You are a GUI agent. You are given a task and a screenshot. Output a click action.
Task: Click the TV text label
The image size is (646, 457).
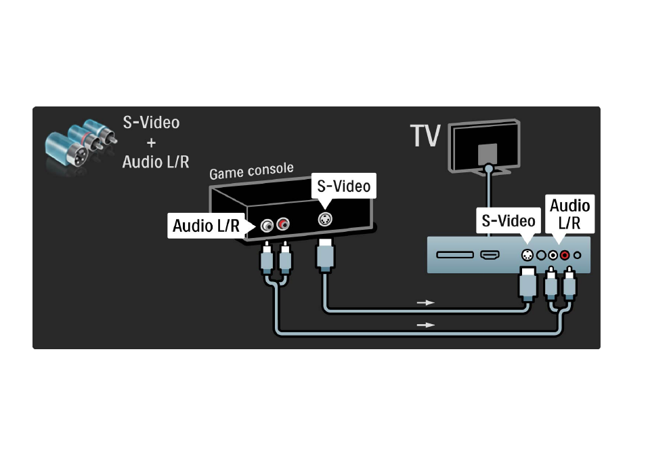(x=425, y=136)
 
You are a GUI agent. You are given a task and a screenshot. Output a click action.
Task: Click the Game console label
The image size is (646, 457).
(x=251, y=171)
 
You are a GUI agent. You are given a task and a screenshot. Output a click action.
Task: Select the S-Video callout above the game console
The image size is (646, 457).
(x=343, y=186)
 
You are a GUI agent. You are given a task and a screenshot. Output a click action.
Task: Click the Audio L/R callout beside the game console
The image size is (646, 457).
(x=206, y=226)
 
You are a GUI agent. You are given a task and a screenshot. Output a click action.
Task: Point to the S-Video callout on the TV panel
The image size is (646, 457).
(x=509, y=221)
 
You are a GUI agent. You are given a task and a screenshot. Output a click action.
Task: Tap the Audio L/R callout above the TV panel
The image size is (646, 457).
(x=569, y=214)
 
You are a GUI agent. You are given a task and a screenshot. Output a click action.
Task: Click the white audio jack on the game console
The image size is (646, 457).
(x=267, y=226)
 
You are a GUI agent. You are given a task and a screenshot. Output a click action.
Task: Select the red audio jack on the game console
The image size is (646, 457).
(x=283, y=224)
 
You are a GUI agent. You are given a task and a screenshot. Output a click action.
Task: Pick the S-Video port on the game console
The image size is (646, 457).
(x=325, y=219)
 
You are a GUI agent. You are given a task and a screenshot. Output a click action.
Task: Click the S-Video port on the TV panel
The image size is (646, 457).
(x=527, y=256)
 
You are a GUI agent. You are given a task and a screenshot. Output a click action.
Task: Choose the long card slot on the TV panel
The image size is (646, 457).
(x=455, y=255)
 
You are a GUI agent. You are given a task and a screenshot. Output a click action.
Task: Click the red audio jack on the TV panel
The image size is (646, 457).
(x=565, y=256)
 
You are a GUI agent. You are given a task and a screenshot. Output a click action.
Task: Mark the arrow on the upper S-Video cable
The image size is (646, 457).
(x=425, y=302)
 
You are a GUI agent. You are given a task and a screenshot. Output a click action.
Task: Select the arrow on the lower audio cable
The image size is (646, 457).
(x=425, y=325)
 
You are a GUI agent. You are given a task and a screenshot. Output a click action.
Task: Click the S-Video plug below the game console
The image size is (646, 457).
(x=325, y=255)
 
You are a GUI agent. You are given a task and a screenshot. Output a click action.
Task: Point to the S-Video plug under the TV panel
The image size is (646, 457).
(x=527, y=284)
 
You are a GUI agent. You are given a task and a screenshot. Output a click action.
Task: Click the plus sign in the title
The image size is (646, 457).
(x=151, y=142)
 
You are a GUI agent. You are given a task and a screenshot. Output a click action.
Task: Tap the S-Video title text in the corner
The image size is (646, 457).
(x=151, y=123)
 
